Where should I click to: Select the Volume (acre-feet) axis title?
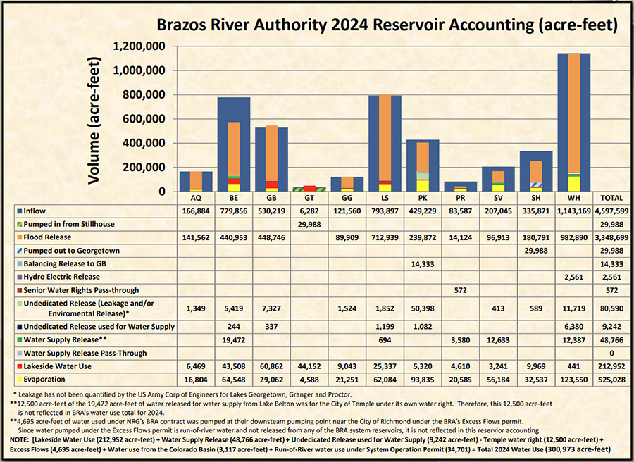coord(96,120)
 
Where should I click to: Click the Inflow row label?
coord(36,211)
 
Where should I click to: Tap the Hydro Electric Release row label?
coord(62,277)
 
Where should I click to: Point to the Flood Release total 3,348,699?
coord(610,237)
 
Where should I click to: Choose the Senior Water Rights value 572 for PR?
coord(442,290)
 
